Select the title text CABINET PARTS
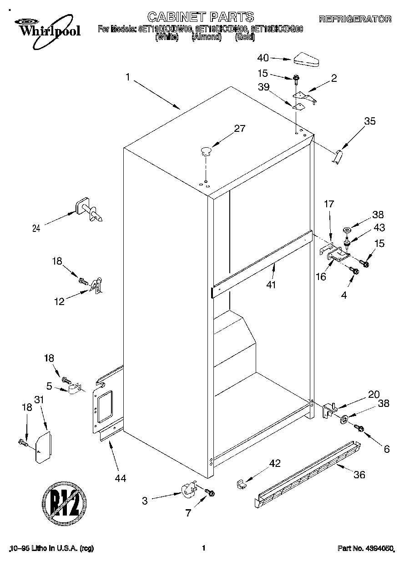pos(201,17)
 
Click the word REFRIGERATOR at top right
pos(355,19)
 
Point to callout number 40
pos(263,58)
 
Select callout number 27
pos(239,129)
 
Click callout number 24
pos(36,229)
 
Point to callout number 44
pos(120,478)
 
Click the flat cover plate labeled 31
pos(44,447)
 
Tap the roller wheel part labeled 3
pos(188,490)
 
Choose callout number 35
pos(370,121)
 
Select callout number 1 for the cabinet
pos(128,78)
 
